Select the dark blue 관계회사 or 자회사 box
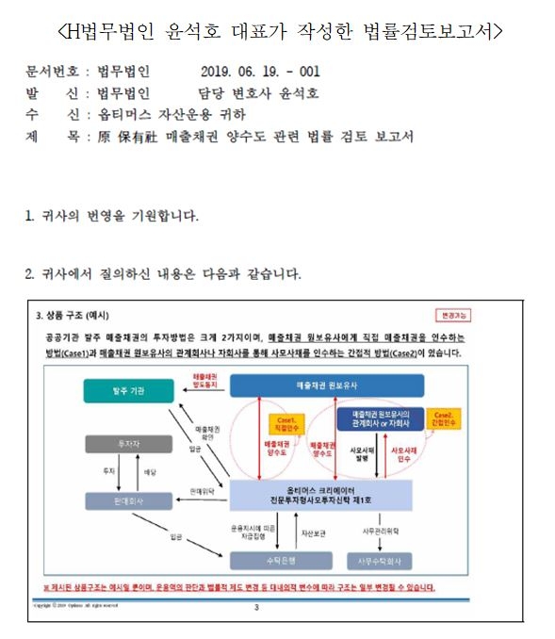pyautogui.click(x=380, y=417)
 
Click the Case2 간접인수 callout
pyautogui.click(x=443, y=417)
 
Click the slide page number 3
pyautogui.click(x=255, y=608)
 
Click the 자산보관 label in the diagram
pyautogui.click(x=314, y=533)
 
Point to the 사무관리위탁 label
pyautogui.click(x=383, y=532)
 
